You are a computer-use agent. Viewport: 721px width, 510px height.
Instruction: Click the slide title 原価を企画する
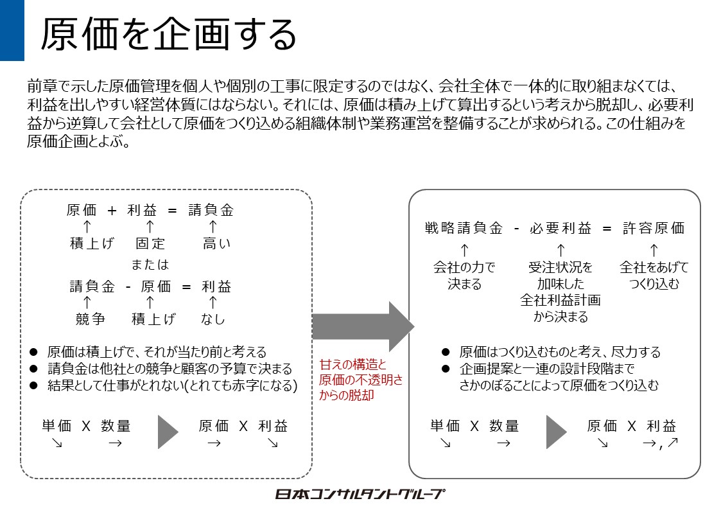[x=168, y=34]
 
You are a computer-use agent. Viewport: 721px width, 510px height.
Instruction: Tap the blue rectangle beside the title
[x=12, y=30]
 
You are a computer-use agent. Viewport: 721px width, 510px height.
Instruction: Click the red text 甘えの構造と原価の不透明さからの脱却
[x=361, y=380]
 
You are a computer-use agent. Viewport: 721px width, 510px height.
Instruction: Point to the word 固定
[x=150, y=243]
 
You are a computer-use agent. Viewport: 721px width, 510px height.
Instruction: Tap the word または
[x=150, y=265]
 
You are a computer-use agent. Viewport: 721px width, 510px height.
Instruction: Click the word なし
[x=213, y=319]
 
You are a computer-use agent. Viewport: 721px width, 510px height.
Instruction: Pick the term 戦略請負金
[x=464, y=228]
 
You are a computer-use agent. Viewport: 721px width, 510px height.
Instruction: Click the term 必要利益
[x=560, y=228]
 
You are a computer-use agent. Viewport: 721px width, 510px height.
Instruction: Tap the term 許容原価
[x=654, y=228]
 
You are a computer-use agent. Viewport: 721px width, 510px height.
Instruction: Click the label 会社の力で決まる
[x=464, y=275]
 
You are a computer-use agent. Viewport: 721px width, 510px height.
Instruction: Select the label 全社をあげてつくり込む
[x=654, y=275]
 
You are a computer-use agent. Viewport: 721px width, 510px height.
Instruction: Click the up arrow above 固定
[x=150, y=226]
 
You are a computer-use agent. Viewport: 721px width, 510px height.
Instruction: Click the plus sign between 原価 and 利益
[x=112, y=210]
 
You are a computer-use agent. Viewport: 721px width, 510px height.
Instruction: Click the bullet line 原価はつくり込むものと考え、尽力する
[x=559, y=352]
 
